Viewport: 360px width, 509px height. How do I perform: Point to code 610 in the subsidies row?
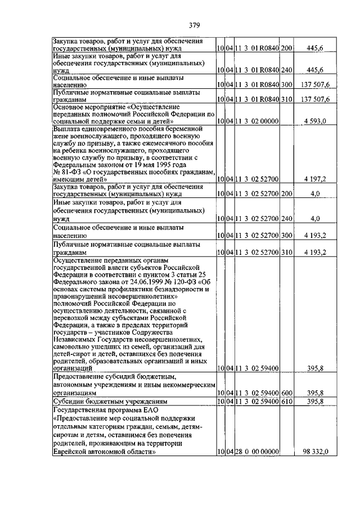coord(286,402)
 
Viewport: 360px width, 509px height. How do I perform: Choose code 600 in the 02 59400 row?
coord(286,393)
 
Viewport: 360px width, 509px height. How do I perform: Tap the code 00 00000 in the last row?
coord(261,452)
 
